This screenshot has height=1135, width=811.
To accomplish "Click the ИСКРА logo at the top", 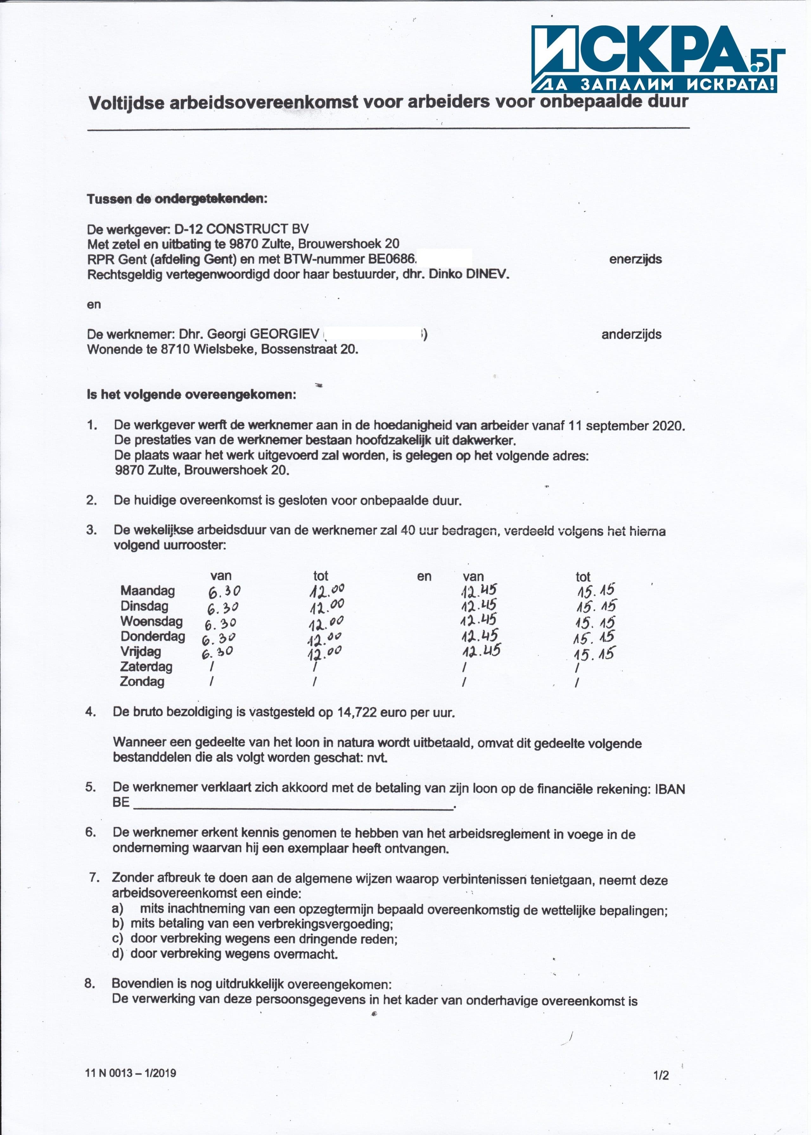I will click(x=654, y=59).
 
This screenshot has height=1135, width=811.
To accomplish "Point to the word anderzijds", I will click(x=631, y=334).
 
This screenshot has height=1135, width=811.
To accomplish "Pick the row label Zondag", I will click(x=142, y=681).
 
